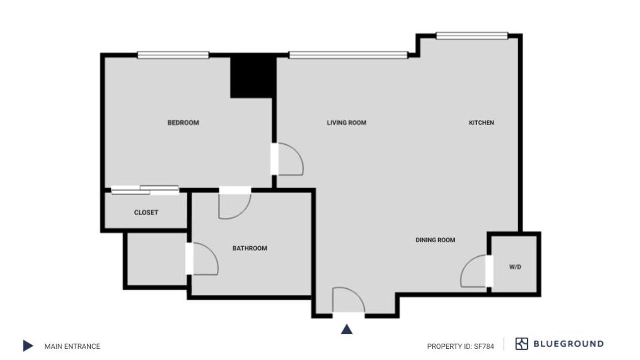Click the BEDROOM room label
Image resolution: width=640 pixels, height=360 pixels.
[x=183, y=123]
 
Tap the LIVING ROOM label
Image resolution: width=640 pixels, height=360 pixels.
[x=347, y=123]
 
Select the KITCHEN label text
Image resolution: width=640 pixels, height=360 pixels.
[x=481, y=123]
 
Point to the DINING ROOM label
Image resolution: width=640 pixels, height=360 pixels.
[x=435, y=240]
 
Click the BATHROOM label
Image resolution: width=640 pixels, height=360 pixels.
[x=250, y=248]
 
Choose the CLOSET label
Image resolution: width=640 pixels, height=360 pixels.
[x=146, y=213]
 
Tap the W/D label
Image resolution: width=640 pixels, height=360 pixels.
[x=515, y=267]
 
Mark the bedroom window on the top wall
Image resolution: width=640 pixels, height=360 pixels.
[x=173, y=55]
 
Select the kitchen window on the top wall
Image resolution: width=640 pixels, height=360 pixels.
[x=472, y=36]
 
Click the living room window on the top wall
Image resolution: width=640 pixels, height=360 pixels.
[x=348, y=55]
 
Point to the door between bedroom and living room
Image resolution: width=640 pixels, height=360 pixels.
[x=288, y=159]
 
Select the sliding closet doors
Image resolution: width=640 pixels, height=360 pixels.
[x=145, y=190]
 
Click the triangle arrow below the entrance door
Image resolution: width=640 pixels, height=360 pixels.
[x=347, y=329]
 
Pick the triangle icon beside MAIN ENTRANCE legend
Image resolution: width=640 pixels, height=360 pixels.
[x=28, y=346]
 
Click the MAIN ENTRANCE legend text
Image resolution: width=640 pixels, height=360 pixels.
[x=72, y=346]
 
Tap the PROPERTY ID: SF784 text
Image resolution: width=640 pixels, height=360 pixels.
[x=460, y=346]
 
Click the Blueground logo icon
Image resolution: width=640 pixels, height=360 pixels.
[x=522, y=344]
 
